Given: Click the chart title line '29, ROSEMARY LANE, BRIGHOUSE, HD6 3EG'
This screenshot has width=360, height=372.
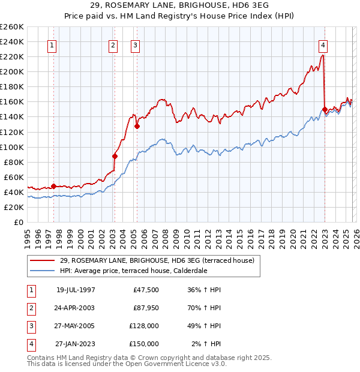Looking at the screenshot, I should (180, 5).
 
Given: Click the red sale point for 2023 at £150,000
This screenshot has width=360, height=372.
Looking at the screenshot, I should (325, 110).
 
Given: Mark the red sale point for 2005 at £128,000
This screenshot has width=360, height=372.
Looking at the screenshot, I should (137, 126).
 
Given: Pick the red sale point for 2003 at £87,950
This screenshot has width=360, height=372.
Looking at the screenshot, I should (115, 156).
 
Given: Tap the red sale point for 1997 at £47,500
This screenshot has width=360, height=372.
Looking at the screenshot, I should (53, 186).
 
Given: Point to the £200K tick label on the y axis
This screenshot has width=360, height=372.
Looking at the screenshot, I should (12, 71).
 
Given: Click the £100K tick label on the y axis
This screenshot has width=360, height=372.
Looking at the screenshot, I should (12, 147).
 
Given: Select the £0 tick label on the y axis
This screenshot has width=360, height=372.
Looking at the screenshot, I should (17, 222).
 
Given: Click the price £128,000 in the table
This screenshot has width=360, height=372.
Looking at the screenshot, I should (144, 326).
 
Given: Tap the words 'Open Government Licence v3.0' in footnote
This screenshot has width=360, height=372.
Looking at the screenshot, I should (174, 364).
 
